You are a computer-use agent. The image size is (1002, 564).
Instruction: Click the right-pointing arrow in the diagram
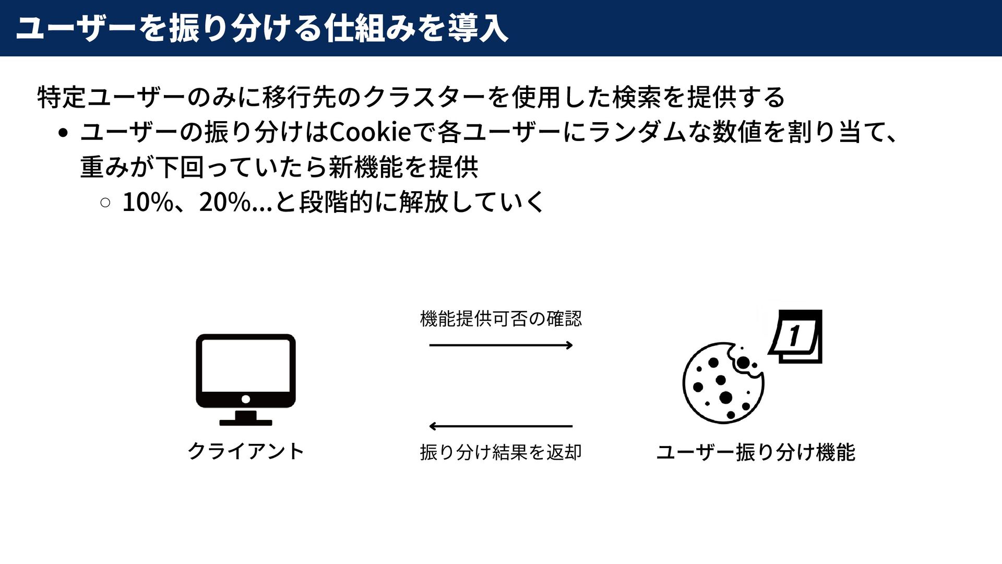coord(501,345)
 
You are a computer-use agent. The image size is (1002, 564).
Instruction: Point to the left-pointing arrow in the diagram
coord(501,426)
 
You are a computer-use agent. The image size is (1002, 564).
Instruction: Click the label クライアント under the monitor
coord(245,451)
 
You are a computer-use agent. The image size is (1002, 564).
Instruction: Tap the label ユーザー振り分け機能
coord(755,452)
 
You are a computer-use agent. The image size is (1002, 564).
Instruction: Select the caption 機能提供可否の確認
coord(501,319)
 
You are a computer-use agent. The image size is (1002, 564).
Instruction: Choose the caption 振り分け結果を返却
coord(501,452)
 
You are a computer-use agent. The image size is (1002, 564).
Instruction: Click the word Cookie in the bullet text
coord(371,132)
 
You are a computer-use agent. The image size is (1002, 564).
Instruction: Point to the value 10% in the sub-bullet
coord(148,202)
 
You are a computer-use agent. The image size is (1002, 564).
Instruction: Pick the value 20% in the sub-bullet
coord(225,202)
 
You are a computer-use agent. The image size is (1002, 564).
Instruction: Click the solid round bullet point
coord(63,133)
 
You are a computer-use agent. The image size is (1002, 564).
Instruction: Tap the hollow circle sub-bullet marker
coord(105,203)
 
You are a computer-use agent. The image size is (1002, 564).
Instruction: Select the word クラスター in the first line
coord(424,98)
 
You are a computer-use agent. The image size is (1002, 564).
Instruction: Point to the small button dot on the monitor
coord(246,399)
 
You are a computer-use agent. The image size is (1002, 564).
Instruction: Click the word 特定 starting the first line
coord(62,98)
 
